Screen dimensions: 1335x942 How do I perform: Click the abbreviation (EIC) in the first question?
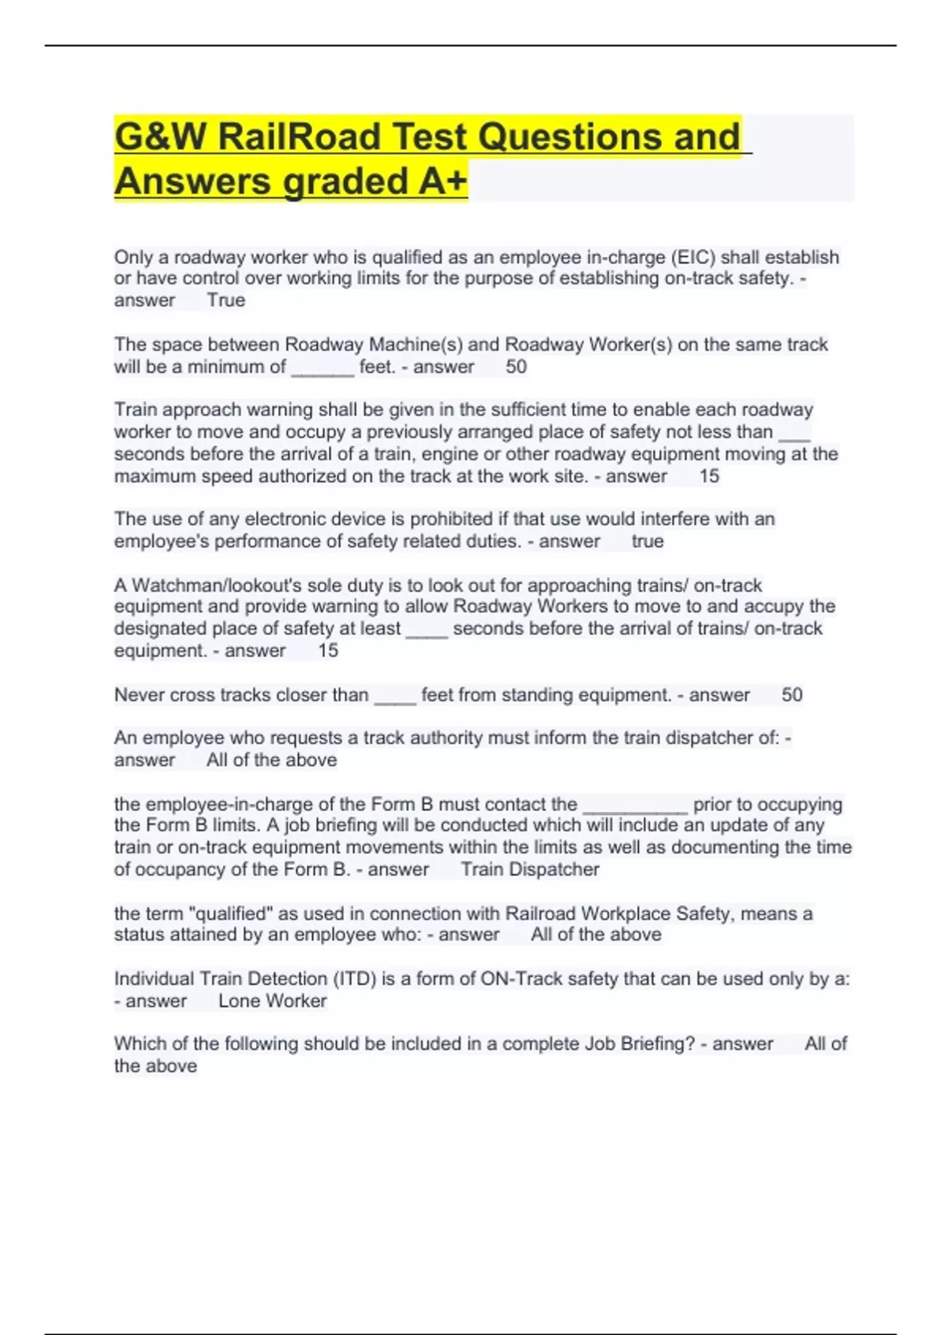(692, 258)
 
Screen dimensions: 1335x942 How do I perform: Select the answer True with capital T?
(226, 301)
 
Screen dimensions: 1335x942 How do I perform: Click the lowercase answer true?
(648, 542)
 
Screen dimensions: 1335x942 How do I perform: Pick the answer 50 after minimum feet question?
(516, 367)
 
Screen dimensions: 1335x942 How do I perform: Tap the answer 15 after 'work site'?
(709, 477)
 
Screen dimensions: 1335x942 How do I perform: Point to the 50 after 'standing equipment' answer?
(792, 695)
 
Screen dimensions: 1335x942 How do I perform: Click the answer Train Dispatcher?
(530, 869)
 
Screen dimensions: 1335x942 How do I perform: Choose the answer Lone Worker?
(272, 1001)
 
